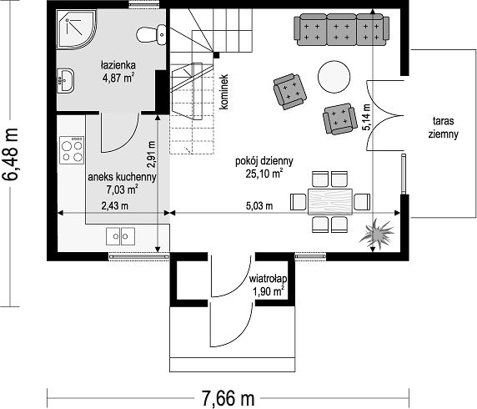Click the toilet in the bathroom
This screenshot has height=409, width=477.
151,35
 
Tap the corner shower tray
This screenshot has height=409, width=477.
76,28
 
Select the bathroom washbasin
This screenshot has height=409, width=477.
65,80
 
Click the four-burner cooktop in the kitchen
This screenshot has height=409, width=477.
72,150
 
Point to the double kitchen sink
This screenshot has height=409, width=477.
120,236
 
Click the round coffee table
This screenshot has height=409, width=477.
334,77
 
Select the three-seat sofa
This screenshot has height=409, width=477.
341,30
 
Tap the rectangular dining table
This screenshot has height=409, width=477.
330,202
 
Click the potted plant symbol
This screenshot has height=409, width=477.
378,233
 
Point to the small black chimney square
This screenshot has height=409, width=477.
216,55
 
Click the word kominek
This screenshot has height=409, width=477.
223,92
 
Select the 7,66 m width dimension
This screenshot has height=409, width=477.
228,398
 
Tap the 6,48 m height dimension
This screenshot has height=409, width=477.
11,154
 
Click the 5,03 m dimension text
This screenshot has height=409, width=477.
259,206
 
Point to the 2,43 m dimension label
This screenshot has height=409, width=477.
115,206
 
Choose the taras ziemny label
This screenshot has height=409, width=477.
444,128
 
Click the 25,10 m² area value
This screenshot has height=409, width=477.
264,174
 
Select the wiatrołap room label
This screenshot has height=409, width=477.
268,279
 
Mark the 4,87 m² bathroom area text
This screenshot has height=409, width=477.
118,78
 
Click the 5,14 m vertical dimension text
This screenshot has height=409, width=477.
366,117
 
